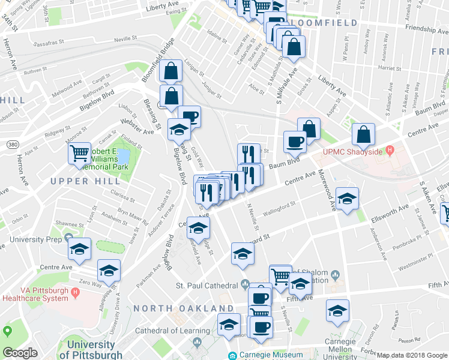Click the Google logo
point(20,353)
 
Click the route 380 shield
point(12,145)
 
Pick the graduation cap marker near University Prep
point(79,248)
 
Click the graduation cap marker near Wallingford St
point(347,199)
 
